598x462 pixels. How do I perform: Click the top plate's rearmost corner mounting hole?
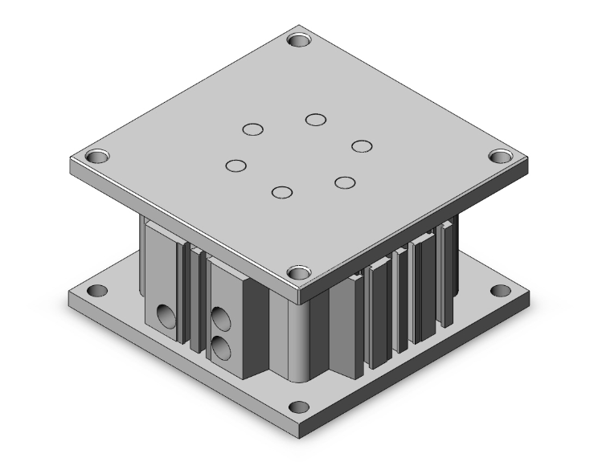pos(300,39)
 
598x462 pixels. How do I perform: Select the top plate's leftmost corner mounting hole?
pos(97,154)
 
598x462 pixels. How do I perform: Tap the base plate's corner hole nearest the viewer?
pos(298,407)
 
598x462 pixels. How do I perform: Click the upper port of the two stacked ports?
pos(219,315)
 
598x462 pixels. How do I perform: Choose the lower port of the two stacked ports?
pos(219,346)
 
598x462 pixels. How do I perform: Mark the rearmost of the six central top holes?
pos(315,121)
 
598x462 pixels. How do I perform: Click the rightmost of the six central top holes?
pos(362,145)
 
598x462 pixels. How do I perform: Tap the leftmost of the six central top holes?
pos(236,166)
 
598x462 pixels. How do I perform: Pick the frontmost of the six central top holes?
pos(281,192)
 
